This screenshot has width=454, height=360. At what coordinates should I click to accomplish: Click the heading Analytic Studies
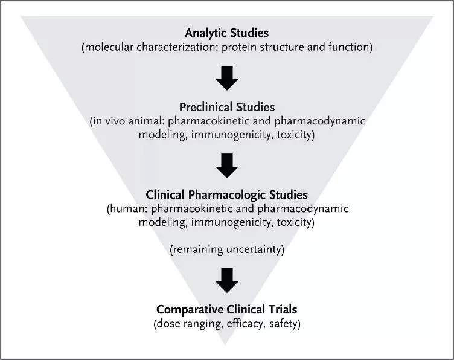pos(227,32)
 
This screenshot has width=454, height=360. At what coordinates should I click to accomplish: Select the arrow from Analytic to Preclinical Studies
pos(227,77)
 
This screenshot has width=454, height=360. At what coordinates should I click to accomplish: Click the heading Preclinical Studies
pos(227,107)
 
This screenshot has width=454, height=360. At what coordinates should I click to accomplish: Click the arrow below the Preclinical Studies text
pos(227,164)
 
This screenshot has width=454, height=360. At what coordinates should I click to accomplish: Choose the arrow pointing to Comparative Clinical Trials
pos(227,279)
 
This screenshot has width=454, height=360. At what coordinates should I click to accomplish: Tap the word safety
pos(283,324)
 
